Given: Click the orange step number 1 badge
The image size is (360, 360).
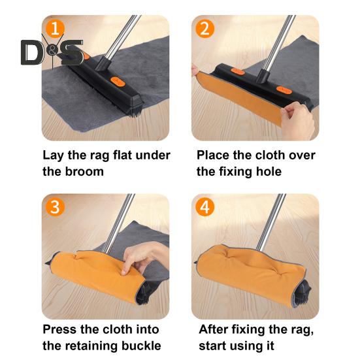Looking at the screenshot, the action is click(55, 29).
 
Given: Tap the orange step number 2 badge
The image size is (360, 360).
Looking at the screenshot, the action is click(205, 29).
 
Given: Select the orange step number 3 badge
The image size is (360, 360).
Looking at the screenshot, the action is click(55, 207).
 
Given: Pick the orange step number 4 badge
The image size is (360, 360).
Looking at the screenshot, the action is click(205, 207).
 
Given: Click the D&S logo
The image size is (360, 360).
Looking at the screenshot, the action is click(52, 52).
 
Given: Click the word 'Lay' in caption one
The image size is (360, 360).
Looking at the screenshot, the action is click(52, 155).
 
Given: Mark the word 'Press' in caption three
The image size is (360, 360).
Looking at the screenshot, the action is click(59, 329).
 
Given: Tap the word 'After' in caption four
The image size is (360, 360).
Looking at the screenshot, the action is click(214, 329).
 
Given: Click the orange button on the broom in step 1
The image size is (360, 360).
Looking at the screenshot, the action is click(118, 82).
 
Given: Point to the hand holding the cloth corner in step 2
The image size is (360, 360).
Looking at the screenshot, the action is click(298, 119).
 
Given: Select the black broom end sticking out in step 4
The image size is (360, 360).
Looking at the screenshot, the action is click(303, 291).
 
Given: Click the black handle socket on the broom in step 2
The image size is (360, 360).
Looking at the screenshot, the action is click(263, 75).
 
